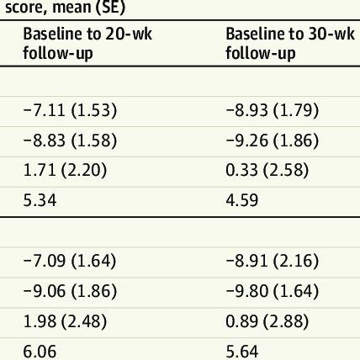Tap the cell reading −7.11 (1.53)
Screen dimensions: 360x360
point(70,109)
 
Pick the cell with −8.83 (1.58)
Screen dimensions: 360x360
point(70,140)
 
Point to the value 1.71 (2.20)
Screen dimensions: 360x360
point(65,171)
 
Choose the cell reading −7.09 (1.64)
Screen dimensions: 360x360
point(70,261)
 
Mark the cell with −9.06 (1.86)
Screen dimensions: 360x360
point(70,291)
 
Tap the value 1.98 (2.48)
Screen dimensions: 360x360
point(65,322)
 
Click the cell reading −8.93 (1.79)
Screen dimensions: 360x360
point(273,109)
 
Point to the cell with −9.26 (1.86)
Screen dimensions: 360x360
point(273,140)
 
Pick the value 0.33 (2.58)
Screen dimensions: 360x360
point(267,171)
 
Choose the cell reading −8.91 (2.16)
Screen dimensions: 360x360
point(273,261)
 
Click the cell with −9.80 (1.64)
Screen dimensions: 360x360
point(273,291)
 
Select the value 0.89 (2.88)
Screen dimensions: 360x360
point(267,322)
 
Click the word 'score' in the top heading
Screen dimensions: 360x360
point(20,8)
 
